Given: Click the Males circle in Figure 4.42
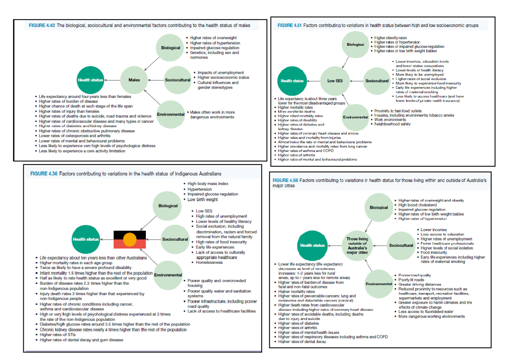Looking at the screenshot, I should point(140,80).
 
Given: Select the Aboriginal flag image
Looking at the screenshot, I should point(129,240).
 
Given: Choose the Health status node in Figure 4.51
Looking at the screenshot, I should point(292,81).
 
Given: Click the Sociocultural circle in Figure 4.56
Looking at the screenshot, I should point(401,245).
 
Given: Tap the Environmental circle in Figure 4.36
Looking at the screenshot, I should point(168,275).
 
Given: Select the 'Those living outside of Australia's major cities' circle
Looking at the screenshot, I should point(357,245).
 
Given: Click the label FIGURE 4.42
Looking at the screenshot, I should point(41,25).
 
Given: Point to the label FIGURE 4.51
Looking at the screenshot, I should point(289,25).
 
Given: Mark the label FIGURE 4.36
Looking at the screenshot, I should point(43,174).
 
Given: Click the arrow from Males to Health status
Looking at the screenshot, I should point(115,80).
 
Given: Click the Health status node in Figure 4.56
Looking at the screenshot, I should point(313,245).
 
